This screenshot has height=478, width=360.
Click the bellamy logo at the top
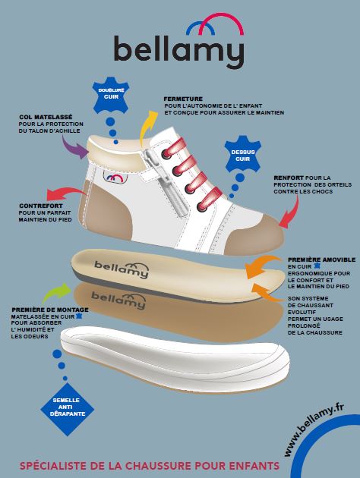click(x=179, y=40)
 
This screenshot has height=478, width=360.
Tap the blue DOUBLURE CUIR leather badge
click(x=111, y=95)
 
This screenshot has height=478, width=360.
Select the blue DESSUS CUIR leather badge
click(x=243, y=154)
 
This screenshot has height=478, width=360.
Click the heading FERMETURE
click(x=183, y=99)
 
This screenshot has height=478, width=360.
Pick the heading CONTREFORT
click(x=41, y=206)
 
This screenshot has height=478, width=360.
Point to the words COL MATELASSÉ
click(x=46, y=117)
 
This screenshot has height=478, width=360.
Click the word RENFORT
click(x=289, y=178)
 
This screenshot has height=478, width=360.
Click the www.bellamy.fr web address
click(x=314, y=429)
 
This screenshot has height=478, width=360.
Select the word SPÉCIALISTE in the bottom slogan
click(x=52, y=466)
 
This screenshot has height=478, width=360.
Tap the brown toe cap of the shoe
click(x=256, y=235)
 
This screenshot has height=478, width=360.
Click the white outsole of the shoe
click(x=175, y=359)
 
